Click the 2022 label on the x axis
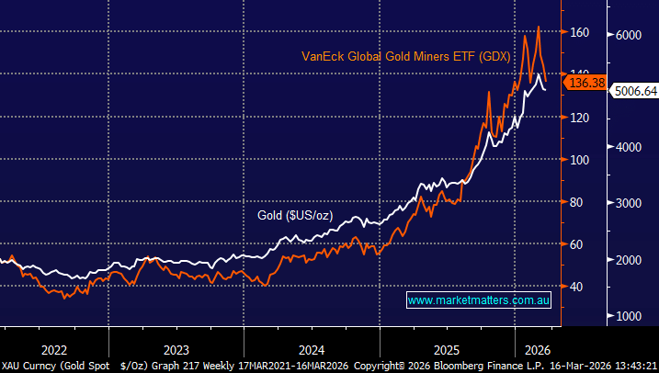(x=54, y=349)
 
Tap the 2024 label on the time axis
(x=311, y=349)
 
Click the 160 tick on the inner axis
(x=576, y=33)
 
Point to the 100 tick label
(x=576, y=160)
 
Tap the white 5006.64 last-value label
(x=634, y=92)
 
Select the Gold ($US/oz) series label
(x=294, y=216)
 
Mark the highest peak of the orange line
(x=538, y=27)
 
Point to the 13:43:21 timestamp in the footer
(x=634, y=366)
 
